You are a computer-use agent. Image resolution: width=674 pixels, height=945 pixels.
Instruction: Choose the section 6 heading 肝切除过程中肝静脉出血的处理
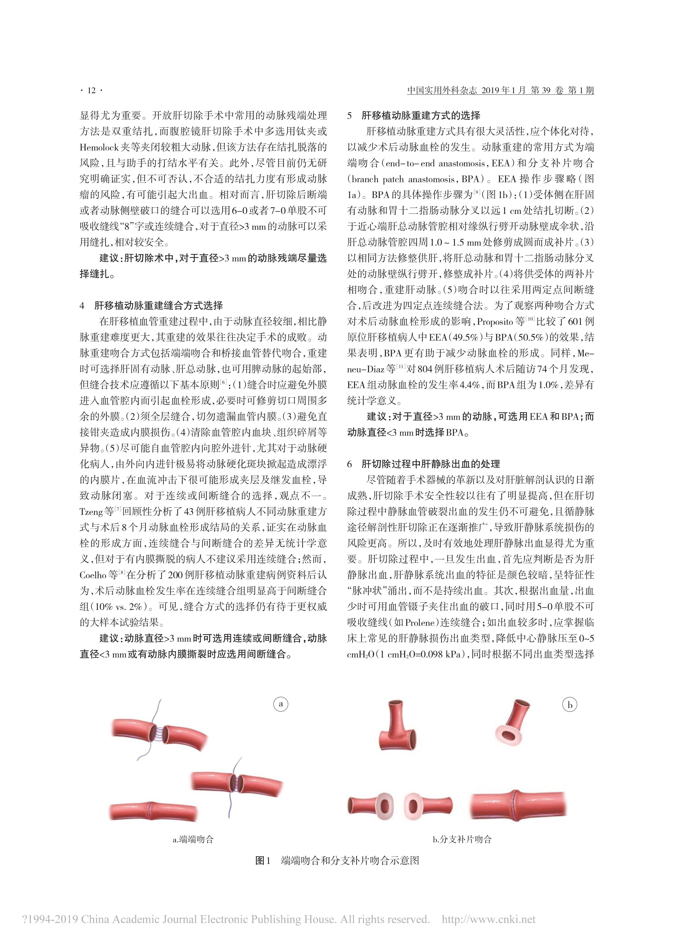point(431,464)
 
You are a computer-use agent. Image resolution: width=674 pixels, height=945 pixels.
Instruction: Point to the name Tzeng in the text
point(91,512)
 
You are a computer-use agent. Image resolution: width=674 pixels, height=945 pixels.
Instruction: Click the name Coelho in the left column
point(92,575)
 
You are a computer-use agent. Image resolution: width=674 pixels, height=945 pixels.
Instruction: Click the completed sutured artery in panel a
point(153,810)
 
